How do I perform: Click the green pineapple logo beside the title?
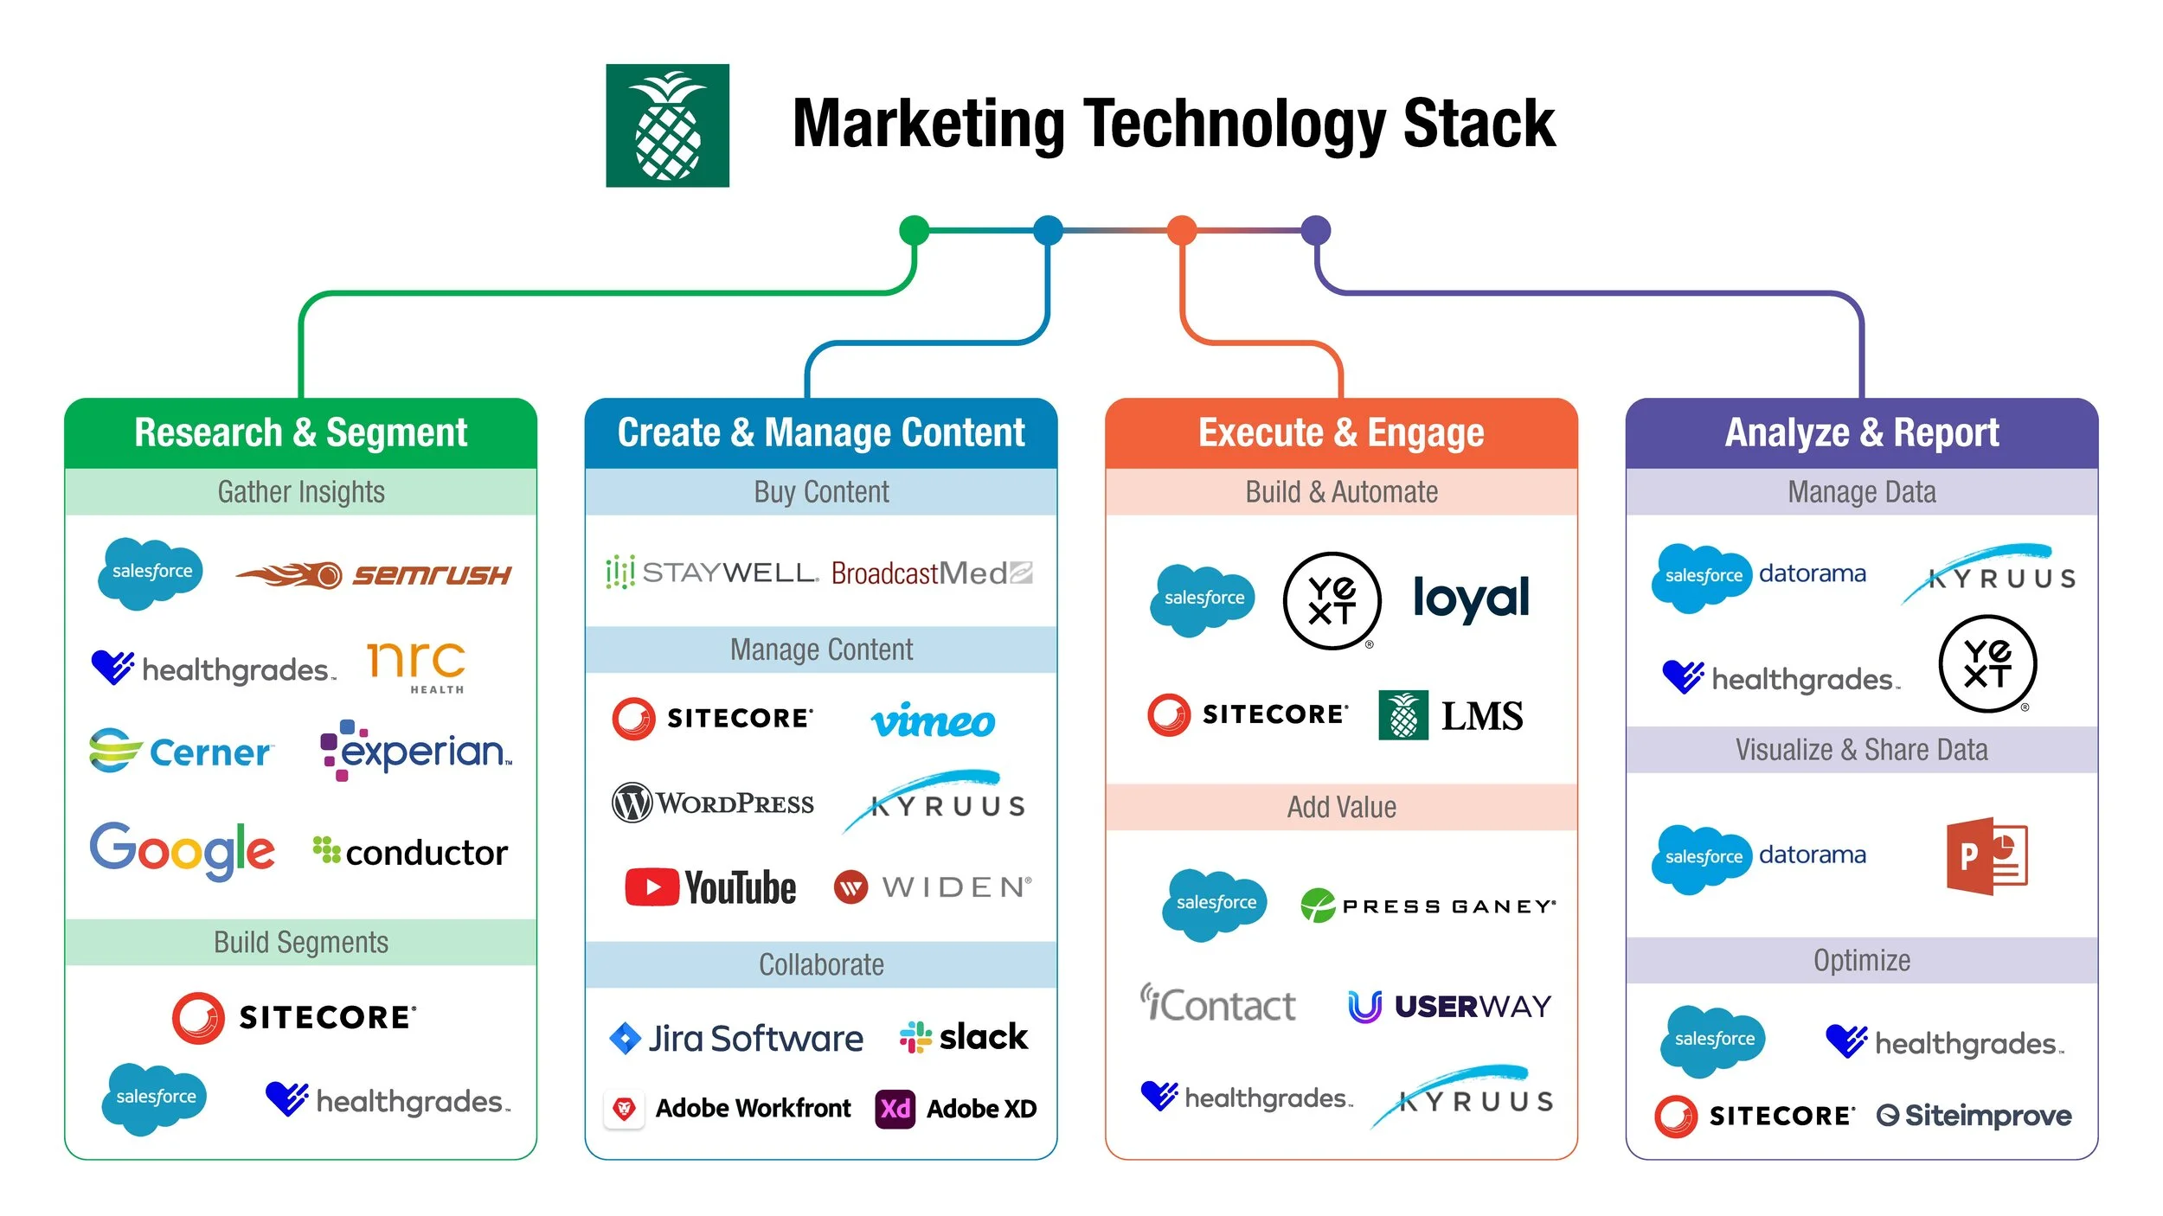click(x=667, y=125)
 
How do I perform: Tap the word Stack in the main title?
click(x=1478, y=125)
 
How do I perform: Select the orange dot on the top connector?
click(x=1182, y=230)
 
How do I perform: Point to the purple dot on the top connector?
click(x=1315, y=230)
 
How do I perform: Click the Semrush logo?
click(x=374, y=574)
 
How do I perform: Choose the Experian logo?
click(x=416, y=750)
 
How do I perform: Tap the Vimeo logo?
click(x=933, y=721)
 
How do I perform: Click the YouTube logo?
click(x=710, y=887)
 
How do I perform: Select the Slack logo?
click(x=964, y=1036)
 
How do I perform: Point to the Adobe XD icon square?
click(x=895, y=1109)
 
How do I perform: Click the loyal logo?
click(x=1471, y=598)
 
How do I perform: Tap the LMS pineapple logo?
click(x=1403, y=715)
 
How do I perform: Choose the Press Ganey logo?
click(x=1428, y=906)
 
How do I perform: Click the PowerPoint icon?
click(x=1986, y=855)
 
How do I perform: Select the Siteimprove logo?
click(x=1974, y=1116)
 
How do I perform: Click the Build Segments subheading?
click(x=301, y=942)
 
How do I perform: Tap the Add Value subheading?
click(x=1341, y=807)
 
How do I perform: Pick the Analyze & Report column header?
click(x=1861, y=432)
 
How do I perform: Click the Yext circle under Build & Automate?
click(x=1332, y=600)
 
